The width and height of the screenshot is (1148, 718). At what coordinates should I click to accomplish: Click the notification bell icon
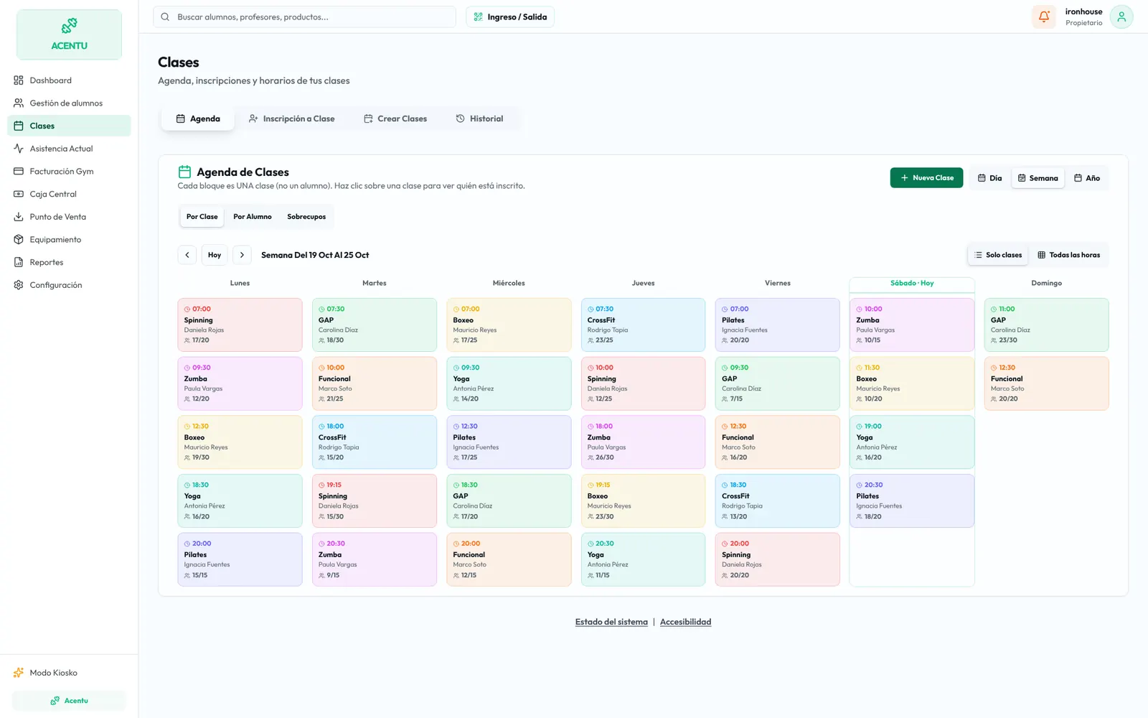point(1043,17)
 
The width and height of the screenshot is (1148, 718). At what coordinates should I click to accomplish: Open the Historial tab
point(479,118)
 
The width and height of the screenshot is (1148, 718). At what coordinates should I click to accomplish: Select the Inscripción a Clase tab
point(291,118)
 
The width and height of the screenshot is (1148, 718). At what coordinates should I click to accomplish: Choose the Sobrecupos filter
point(306,216)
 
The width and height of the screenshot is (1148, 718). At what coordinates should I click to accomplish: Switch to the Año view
point(1087,178)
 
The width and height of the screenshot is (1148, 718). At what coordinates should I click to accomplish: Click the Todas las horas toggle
point(1069,255)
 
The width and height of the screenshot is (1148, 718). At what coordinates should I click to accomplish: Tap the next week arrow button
point(242,255)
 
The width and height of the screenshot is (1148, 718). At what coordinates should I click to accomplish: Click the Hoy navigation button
point(215,255)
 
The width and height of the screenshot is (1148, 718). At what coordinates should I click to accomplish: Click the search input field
point(304,17)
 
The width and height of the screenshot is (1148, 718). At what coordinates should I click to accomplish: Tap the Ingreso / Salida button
point(510,17)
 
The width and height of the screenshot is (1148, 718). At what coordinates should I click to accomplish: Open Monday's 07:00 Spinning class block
point(240,325)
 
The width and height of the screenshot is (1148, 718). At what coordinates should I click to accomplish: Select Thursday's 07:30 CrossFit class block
point(643,325)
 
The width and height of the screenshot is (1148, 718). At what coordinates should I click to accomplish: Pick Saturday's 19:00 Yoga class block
point(912,442)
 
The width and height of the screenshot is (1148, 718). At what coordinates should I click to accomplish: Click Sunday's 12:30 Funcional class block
point(1047,383)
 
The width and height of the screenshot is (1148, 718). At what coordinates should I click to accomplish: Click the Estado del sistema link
point(611,622)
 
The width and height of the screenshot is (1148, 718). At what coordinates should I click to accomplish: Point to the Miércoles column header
point(509,283)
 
